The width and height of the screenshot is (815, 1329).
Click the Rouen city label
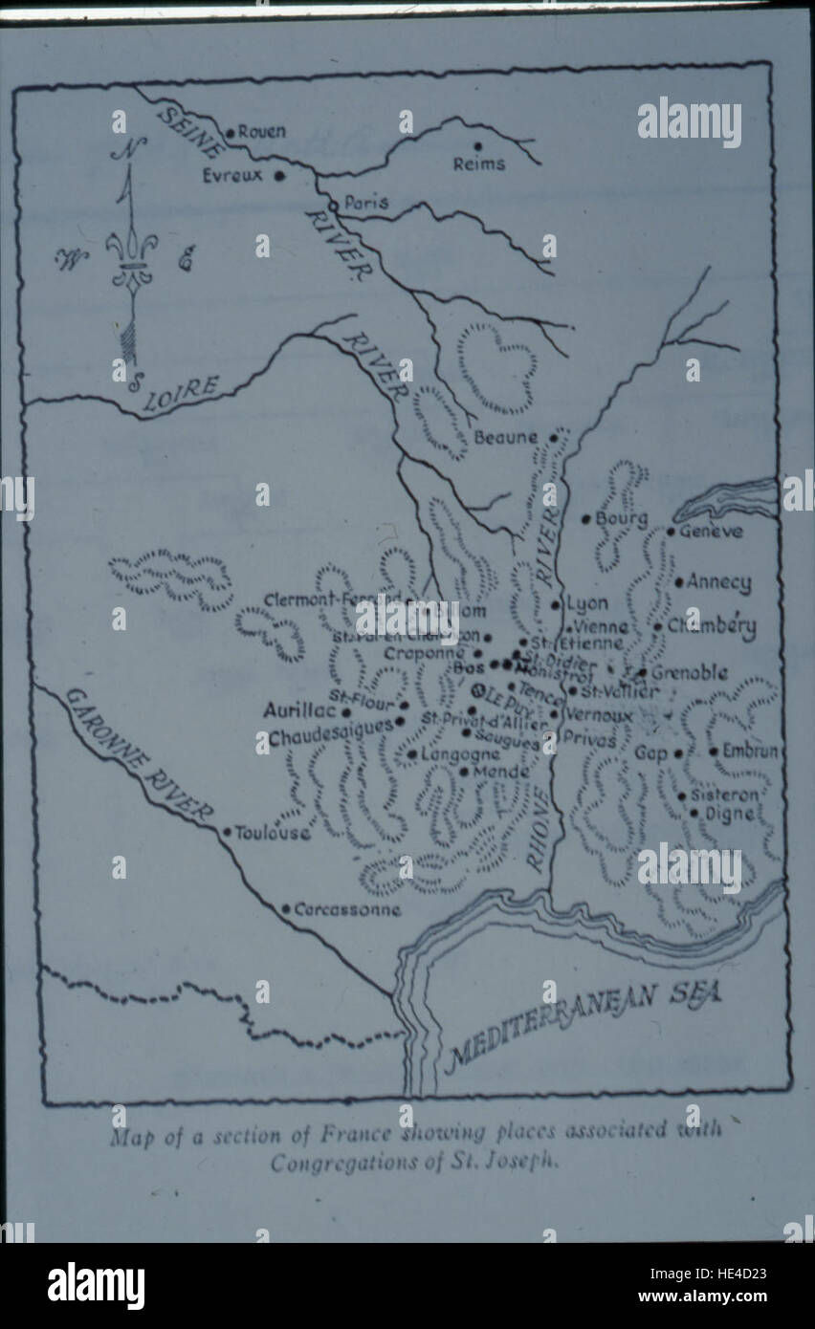pyautogui.click(x=261, y=132)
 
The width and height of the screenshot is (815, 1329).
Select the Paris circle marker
pyautogui.click(x=332, y=205)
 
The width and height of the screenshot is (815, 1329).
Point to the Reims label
pyautogui.click(x=479, y=163)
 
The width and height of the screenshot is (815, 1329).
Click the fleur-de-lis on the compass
pyautogui.click(x=129, y=256)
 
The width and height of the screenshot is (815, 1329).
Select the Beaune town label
pyautogui.click(x=506, y=438)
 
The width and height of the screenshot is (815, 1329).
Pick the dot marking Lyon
pyautogui.click(x=555, y=604)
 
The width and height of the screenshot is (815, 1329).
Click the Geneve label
pyautogui.click(x=710, y=531)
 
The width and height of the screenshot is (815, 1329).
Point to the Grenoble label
pyautogui.click(x=689, y=673)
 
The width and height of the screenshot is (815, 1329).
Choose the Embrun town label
pyautogui.click(x=751, y=752)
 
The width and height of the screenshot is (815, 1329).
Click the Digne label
pyautogui.click(x=729, y=814)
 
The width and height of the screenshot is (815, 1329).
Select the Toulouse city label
pyautogui.click(x=273, y=833)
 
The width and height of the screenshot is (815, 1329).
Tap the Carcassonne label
pyautogui.click(x=347, y=909)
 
